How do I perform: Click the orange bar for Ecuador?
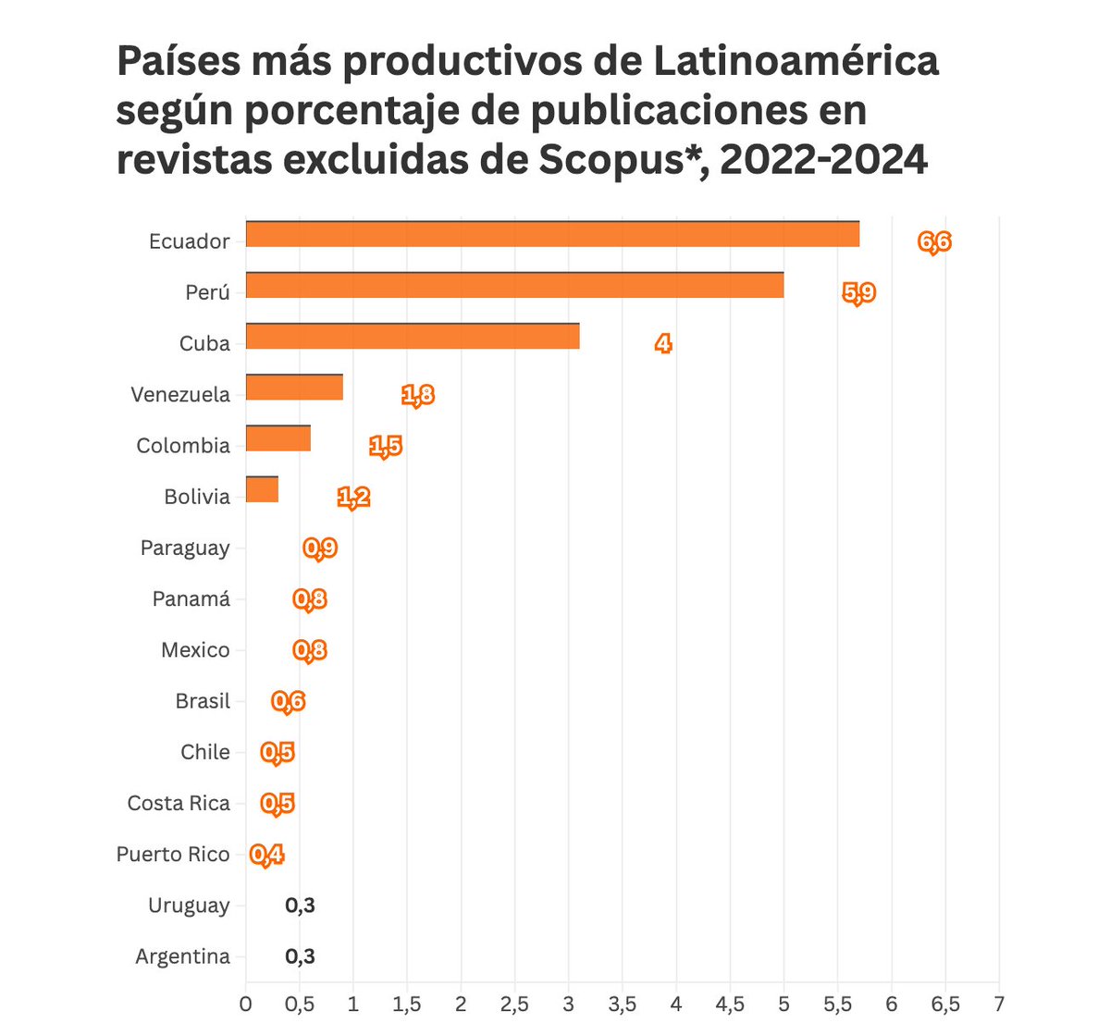click(x=552, y=235)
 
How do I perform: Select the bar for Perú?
click(x=514, y=286)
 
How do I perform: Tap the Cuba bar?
click(x=413, y=337)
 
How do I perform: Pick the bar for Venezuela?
click(x=294, y=388)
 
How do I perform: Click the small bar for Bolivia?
click(x=262, y=489)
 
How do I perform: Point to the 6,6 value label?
click(x=934, y=242)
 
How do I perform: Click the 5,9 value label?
click(x=858, y=293)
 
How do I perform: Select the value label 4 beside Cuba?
click(x=663, y=344)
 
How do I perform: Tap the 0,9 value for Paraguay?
click(x=320, y=548)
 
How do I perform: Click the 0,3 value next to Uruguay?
click(x=300, y=906)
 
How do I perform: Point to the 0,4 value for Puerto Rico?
click(x=266, y=855)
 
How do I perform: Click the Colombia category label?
click(x=183, y=446)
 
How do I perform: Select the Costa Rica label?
click(x=179, y=803)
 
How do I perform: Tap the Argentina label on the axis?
click(x=182, y=956)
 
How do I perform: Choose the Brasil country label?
click(x=203, y=701)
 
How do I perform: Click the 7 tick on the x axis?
click(x=999, y=1004)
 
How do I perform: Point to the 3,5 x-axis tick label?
click(x=623, y=1004)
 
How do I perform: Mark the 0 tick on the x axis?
click(x=245, y=1004)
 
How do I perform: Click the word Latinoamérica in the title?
click(x=795, y=62)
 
